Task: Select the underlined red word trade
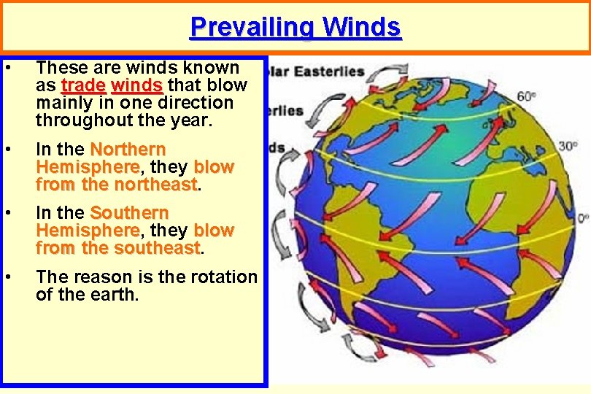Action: pyautogui.click(x=84, y=85)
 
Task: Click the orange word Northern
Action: pyautogui.click(x=128, y=150)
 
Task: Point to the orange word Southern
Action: pyautogui.click(x=129, y=214)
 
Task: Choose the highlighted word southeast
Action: pyautogui.click(x=157, y=249)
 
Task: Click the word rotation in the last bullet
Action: pyautogui.click(x=222, y=277)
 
